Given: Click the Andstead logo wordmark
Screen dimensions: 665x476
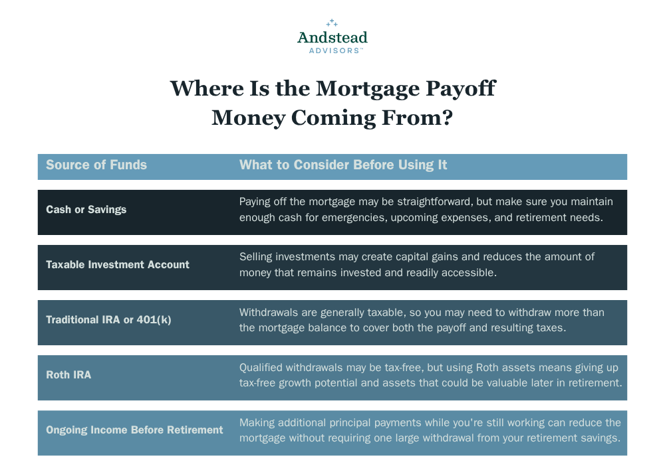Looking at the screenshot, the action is [332, 38].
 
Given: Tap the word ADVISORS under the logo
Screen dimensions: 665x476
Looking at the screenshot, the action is [334, 51].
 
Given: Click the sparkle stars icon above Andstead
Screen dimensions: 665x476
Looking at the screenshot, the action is [332, 23].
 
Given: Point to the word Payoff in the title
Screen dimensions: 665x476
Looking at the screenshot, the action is [461, 89].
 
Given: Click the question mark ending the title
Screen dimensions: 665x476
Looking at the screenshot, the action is [448, 118].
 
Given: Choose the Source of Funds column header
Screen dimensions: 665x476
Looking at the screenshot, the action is [96, 165].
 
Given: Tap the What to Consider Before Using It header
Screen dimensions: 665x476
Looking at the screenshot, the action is [343, 165].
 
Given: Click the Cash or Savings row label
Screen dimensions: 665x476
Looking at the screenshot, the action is [86, 210].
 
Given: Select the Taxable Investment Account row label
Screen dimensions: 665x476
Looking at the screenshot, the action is [118, 265].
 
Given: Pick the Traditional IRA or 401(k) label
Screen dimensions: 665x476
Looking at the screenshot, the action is [108, 320].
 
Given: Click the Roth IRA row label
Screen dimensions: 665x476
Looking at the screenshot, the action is [68, 375].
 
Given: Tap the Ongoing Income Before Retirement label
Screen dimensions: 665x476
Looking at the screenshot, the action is [134, 430].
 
